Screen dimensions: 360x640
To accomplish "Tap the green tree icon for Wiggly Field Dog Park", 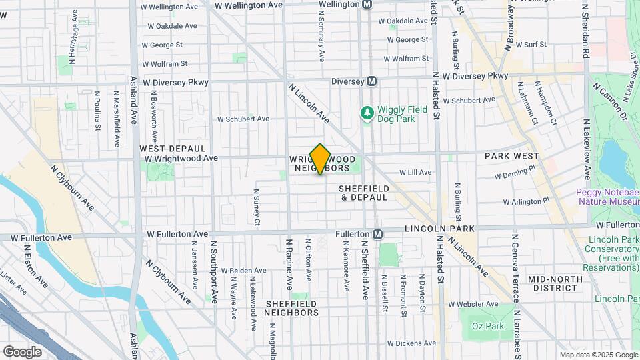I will coord(366,113).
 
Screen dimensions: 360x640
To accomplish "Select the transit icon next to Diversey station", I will coord(372,81).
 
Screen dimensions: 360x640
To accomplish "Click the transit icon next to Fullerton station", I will coord(377,235).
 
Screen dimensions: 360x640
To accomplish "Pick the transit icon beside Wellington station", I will coord(367,4).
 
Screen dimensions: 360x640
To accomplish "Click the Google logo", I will coord(22,351).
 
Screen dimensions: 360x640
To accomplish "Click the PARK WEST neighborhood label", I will coord(511,156).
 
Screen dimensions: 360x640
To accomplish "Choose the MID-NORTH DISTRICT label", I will coord(552,283).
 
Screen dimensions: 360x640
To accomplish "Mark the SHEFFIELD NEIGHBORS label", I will coord(292,307).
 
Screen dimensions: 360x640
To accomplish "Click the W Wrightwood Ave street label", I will coord(181,159).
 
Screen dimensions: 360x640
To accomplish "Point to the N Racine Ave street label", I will coord(289,264).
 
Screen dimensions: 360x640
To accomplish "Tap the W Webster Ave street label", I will coord(474,304).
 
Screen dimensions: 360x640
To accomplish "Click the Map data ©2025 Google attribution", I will coord(597,355).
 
